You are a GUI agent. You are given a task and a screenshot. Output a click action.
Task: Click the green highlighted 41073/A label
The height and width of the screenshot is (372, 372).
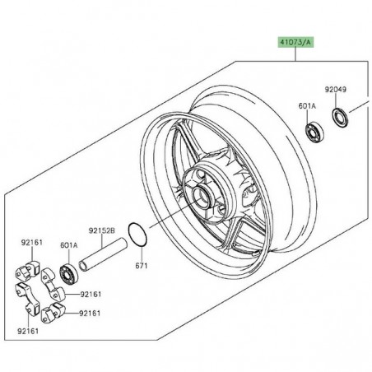(x=295, y=42)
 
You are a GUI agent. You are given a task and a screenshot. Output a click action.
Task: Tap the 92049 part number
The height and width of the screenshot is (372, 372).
(x=336, y=90)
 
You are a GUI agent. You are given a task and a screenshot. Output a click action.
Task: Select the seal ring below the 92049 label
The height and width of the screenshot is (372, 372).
(x=341, y=119)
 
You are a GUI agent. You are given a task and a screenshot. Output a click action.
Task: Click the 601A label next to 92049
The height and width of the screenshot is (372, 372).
(x=307, y=105)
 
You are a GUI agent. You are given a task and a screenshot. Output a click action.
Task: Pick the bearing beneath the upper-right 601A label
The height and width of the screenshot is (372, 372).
(x=314, y=133)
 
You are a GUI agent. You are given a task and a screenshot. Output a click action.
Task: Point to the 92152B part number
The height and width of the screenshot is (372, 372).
(x=101, y=231)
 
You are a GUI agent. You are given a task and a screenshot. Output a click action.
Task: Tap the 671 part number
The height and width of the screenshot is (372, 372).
(x=142, y=266)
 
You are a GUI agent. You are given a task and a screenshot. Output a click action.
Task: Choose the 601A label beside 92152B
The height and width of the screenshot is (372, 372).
(x=69, y=245)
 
